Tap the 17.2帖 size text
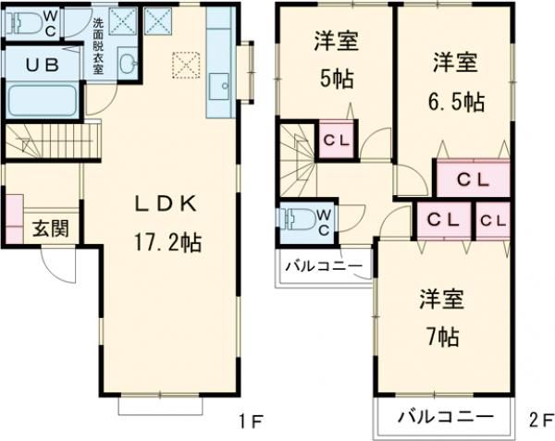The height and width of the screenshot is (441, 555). [x=166, y=243]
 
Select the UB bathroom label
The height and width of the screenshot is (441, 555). [x=38, y=66]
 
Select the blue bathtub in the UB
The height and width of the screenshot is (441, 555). [x=41, y=101]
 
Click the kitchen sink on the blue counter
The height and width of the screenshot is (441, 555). [x=221, y=88]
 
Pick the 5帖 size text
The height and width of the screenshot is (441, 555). [x=336, y=79]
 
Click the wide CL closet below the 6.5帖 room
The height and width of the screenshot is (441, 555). [x=472, y=178]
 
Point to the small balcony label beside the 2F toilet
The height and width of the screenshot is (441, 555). [x=323, y=267]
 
